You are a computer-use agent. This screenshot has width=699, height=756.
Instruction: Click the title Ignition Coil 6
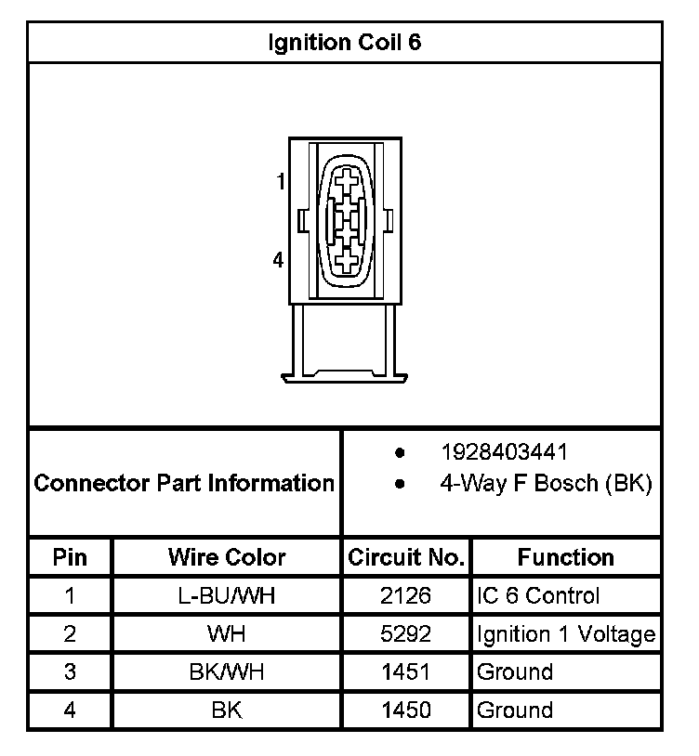click(x=345, y=43)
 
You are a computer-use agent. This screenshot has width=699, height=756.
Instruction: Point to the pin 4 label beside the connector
click(x=278, y=261)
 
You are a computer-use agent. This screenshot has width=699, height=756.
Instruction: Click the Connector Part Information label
click(x=184, y=483)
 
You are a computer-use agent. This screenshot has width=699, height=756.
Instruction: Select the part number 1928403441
click(x=504, y=452)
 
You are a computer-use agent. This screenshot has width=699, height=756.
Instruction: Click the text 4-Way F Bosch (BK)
click(x=546, y=483)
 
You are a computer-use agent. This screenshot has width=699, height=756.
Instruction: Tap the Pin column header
click(x=71, y=557)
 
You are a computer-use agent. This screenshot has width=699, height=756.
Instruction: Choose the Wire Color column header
click(x=227, y=557)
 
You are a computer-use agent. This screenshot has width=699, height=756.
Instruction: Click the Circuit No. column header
click(x=406, y=557)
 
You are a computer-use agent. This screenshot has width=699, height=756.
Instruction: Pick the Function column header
click(x=566, y=557)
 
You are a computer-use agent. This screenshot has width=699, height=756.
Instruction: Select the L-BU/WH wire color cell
click(x=227, y=596)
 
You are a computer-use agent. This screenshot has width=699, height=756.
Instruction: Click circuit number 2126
click(x=406, y=596)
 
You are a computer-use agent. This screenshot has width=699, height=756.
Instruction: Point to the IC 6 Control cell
click(x=538, y=596)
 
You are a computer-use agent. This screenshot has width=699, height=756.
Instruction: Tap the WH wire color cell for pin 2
click(x=227, y=635)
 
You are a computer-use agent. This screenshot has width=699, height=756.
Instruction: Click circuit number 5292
click(x=406, y=635)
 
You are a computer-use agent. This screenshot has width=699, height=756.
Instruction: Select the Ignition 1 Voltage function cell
click(x=566, y=635)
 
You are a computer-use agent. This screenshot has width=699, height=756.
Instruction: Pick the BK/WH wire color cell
click(x=227, y=672)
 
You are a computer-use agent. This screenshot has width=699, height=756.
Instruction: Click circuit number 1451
click(x=406, y=672)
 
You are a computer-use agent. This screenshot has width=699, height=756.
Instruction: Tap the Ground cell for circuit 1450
click(x=515, y=710)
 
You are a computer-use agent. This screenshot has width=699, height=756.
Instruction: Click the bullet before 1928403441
click(x=400, y=453)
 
